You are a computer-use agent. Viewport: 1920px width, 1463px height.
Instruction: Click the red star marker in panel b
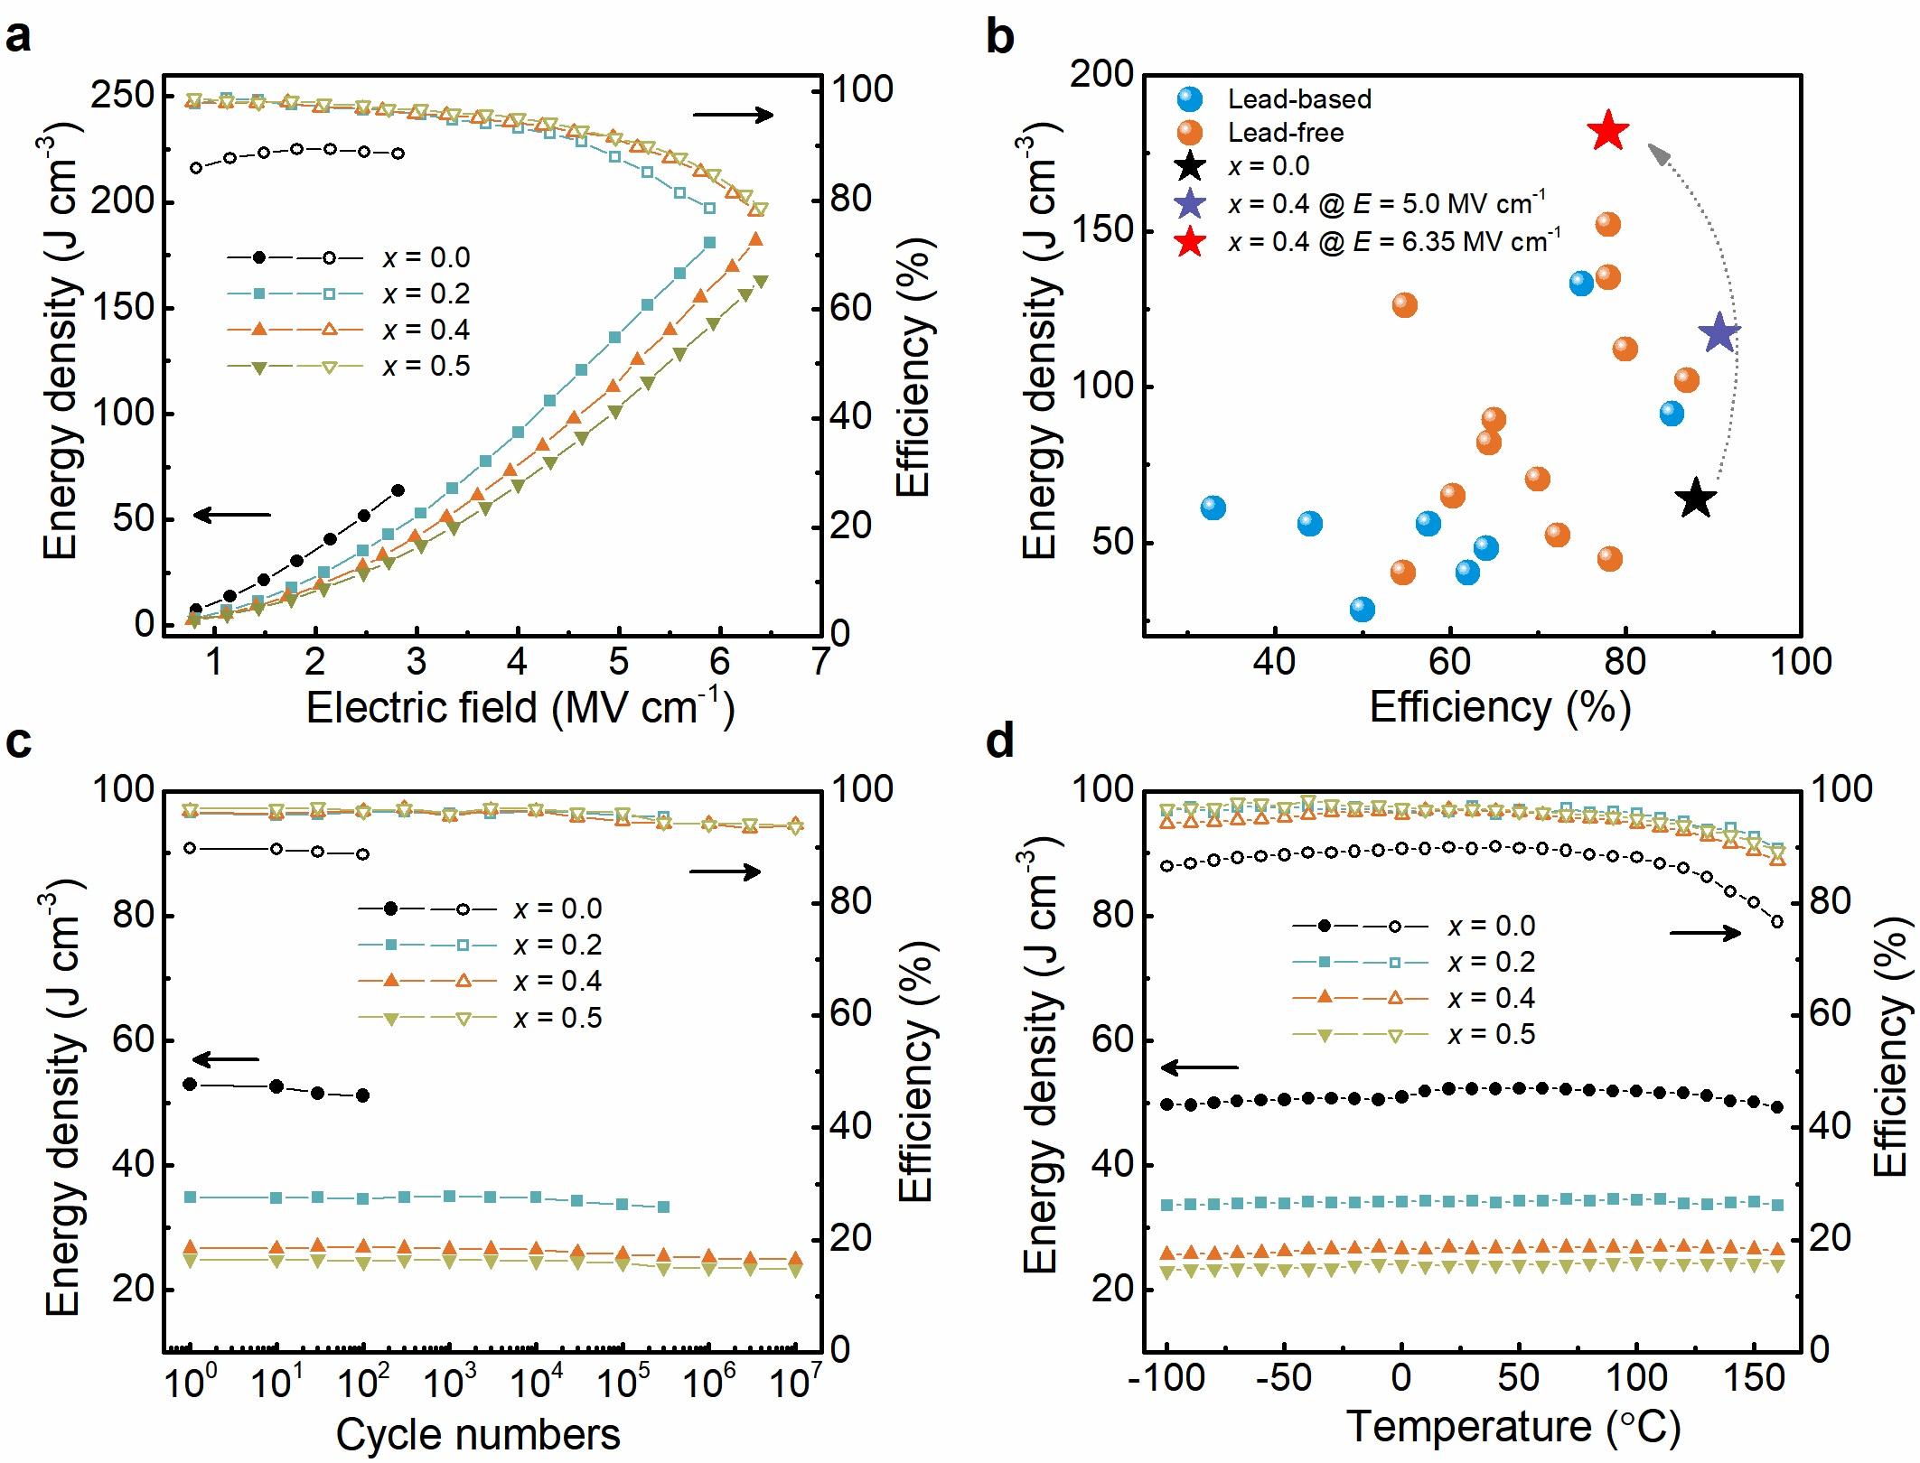[x=1607, y=132]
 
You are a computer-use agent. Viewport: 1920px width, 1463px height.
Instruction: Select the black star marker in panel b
[x=1696, y=499]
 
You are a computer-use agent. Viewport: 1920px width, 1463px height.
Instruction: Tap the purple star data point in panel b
[x=1719, y=333]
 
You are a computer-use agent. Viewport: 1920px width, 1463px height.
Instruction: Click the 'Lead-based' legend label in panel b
[x=1298, y=98]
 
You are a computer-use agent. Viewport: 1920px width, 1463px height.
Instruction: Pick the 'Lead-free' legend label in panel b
[x=1285, y=133]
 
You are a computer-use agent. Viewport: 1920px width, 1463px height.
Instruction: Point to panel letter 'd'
[x=999, y=741]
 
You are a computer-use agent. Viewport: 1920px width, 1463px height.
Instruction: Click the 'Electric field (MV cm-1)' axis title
[x=520, y=706]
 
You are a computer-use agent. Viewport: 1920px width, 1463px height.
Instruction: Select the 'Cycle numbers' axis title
[x=478, y=1433]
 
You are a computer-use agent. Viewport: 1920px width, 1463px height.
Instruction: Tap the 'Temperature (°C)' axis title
[x=1513, y=1427]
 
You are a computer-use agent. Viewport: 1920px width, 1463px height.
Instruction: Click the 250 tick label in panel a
[x=121, y=96]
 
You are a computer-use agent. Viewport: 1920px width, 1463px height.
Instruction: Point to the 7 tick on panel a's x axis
[x=820, y=662]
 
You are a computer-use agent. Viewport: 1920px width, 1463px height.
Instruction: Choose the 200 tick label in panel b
[x=1101, y=74]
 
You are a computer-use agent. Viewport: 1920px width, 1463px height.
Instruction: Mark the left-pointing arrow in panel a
[x=232, y=515]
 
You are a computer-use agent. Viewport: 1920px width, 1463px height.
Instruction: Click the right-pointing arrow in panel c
[x=725, y=871]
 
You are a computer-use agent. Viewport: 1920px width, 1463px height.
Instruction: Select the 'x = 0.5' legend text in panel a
[x=426, y=366]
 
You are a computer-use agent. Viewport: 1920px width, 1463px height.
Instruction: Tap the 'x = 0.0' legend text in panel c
[x=557, y=909]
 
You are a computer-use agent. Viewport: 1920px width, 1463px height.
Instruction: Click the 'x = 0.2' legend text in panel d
[x=1491, y=962]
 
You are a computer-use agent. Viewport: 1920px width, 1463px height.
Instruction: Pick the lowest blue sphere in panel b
[x=1362, y=610]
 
